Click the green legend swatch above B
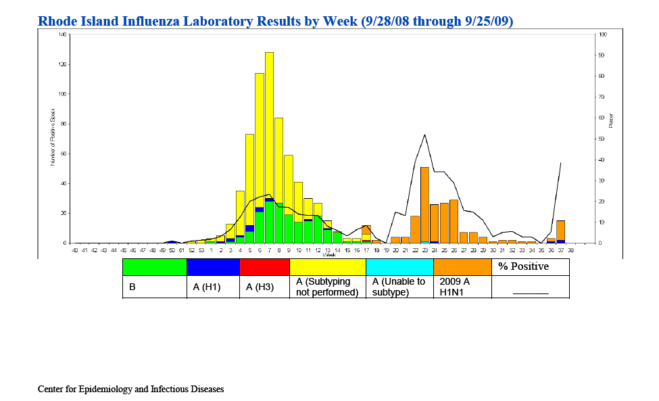click(x=154, y=267)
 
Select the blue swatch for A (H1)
click(x=213, y=267)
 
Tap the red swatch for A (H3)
click(x=264, y=267)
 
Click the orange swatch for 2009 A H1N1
click(x=462, y=267)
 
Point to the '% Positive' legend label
click(x=523, y=267)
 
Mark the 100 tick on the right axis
click(x=603, y=34)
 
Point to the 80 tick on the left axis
click(x=64, y=124)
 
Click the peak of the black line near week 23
click(x=424, y=135)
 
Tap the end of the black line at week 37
click(x=561, y=162)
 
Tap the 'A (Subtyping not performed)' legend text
click(x=327, y=287)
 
